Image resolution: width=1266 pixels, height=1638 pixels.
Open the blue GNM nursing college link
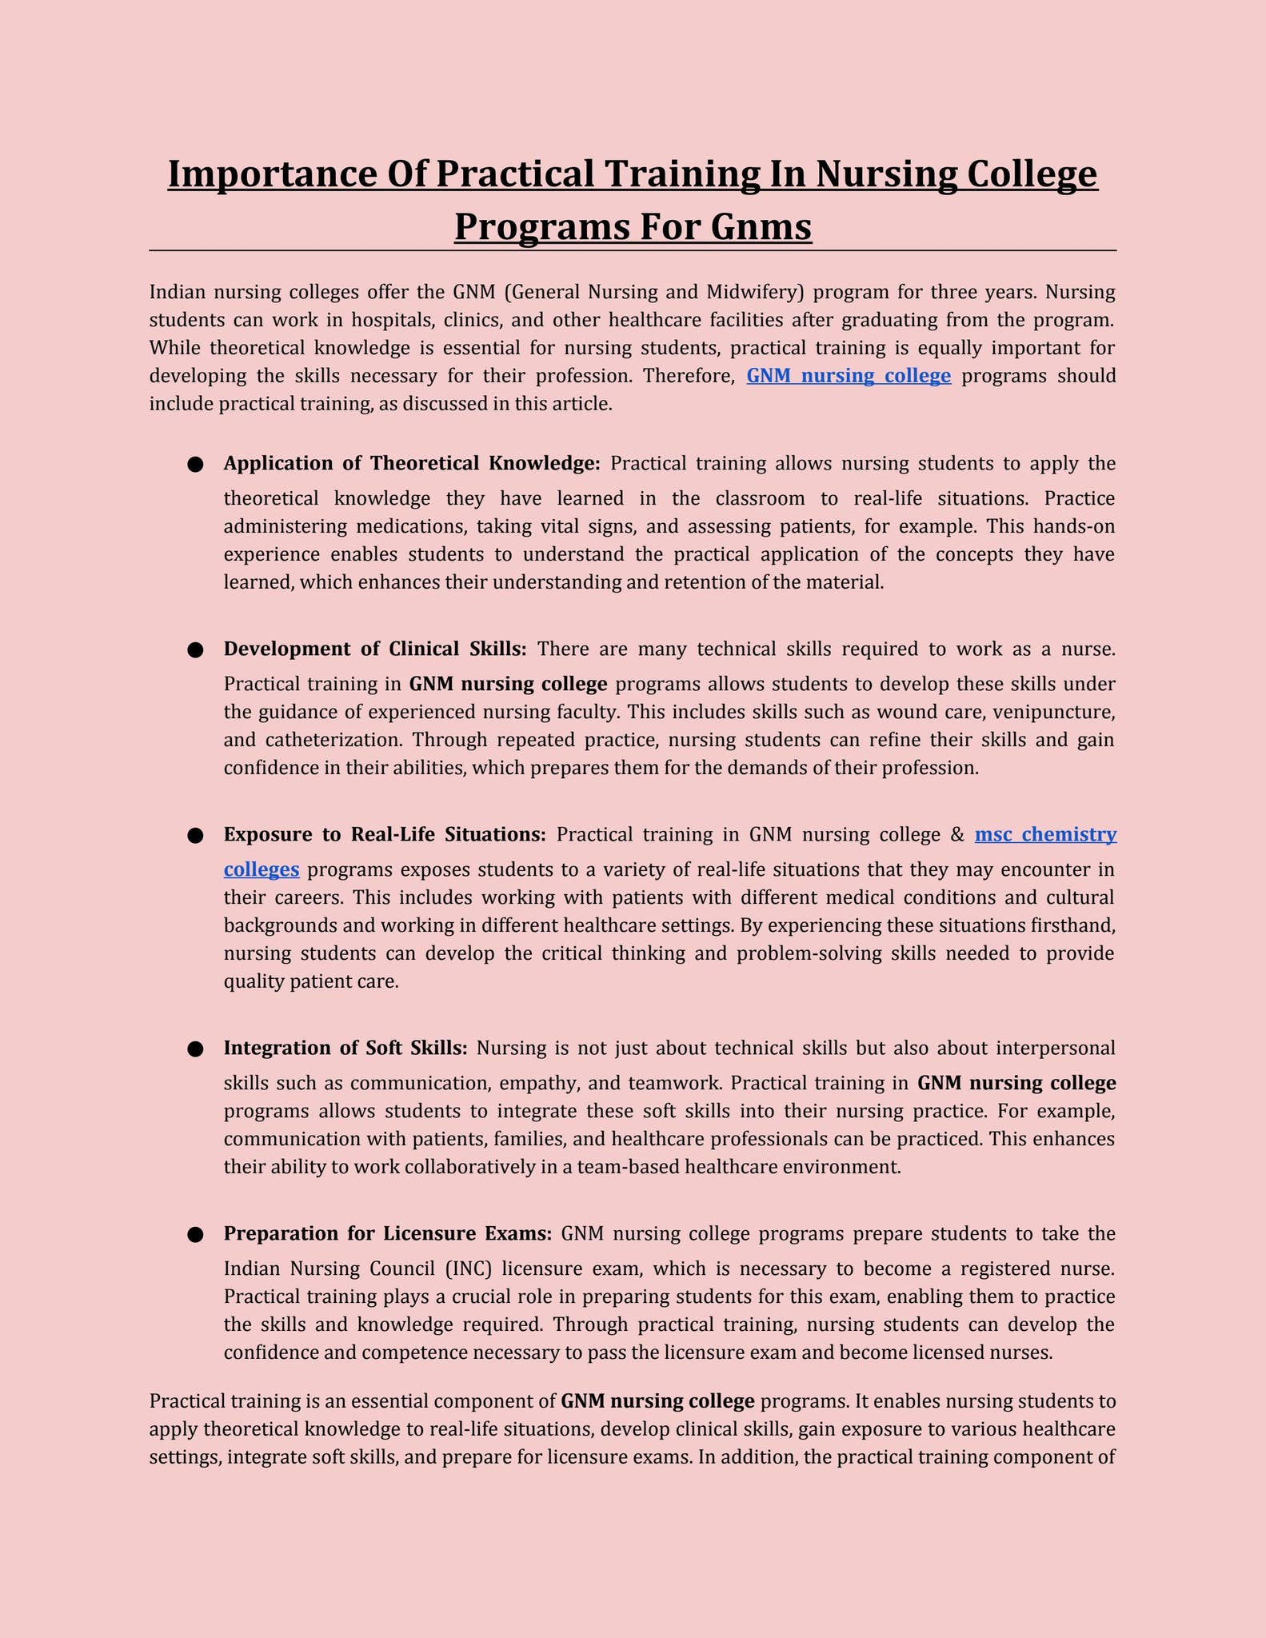(849, 375)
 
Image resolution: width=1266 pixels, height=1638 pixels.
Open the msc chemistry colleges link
(1045, 834)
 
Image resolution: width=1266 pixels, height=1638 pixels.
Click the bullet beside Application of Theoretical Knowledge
(195, 465)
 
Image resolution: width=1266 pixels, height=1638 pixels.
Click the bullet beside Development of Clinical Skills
(195, 650)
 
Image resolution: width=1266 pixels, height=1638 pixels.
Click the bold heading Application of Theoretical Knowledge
(412, 463)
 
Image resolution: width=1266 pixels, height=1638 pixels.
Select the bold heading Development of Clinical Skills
(375, 649)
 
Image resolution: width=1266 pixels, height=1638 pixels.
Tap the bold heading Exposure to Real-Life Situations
(385, 834)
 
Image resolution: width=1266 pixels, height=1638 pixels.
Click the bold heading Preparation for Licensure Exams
(388, 1233)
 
